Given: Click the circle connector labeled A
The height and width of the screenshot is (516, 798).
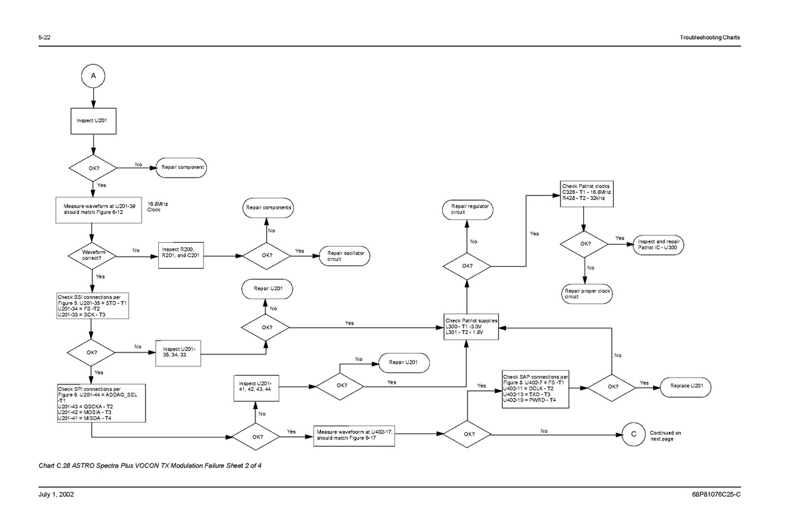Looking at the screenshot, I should pyautogui.click(x=93, y=75).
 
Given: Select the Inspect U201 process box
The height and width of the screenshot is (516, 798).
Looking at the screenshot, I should pyautogui.click(x=93, y=122).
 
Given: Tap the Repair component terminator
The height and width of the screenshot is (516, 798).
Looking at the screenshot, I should pyautogui.click(x=182, y=167).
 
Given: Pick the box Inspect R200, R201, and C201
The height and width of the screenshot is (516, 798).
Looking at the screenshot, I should pyautogui.click(x=182, y=254).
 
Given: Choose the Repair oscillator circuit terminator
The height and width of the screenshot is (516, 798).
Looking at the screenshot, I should pyautogui.click(x=345, y=255).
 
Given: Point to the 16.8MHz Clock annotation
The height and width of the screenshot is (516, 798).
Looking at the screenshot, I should pyautogui.click(x=154, y=207).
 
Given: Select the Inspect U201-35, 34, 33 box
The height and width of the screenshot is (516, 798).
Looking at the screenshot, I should pyautogui.click(x=179, y=352).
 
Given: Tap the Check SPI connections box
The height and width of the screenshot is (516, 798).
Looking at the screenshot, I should pyautogui.click(x=101, y=403).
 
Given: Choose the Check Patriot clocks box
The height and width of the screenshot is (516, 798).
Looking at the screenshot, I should pyautogui.click(x=586, y=192).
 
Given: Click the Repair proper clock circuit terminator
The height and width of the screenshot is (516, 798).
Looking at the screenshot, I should pyautogui.click(x=587, y=294).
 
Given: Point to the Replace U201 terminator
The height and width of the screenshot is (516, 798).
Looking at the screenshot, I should pyautogui.click(x=686, y=386).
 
